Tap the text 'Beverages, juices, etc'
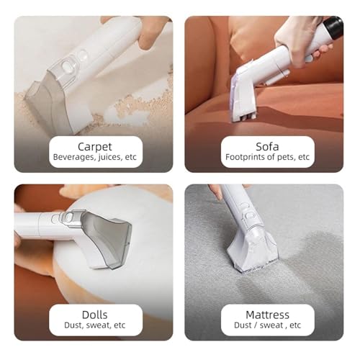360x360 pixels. [x=93, y=156]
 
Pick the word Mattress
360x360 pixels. [x=266, y=315]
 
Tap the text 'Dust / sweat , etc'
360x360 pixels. [x=266, y=325]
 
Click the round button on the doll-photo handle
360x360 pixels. [x=68, y=217]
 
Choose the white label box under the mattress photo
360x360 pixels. [x=266, y=320]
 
